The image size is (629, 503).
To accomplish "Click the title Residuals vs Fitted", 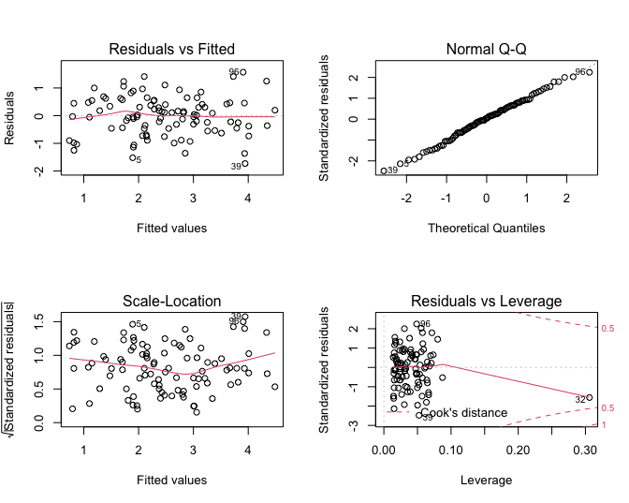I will click(x=172, y=49).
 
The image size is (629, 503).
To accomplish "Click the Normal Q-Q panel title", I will click(x=487, y=49).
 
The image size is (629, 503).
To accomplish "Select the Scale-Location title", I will click(x=172, y=301).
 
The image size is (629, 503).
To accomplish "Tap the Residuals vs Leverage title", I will click(x=487, y=301).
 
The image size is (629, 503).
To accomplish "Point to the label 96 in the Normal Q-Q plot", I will click(x=579, y=72).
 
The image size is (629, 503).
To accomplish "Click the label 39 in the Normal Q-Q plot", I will click(x=392, y=170).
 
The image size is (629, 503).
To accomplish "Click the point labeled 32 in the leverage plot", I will click(x=589, y=397).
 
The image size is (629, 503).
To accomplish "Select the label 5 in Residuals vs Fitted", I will click(x=139, y=159).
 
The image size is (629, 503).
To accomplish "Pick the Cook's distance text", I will click(x=464, y=412).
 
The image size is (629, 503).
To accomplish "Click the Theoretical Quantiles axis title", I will click(x=487, y=228).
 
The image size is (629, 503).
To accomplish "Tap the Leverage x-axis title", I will click(x=487, y=480).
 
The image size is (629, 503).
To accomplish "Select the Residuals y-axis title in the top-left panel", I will click(x=12, y=117).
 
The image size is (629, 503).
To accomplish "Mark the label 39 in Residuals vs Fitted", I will click(x=237, y=166).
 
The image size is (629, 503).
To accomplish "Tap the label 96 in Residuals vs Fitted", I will click(x=235, y=72).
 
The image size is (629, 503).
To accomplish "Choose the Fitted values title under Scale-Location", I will click(x=172, y=480).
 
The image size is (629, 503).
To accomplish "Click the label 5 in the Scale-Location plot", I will click(x=139, y=325).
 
